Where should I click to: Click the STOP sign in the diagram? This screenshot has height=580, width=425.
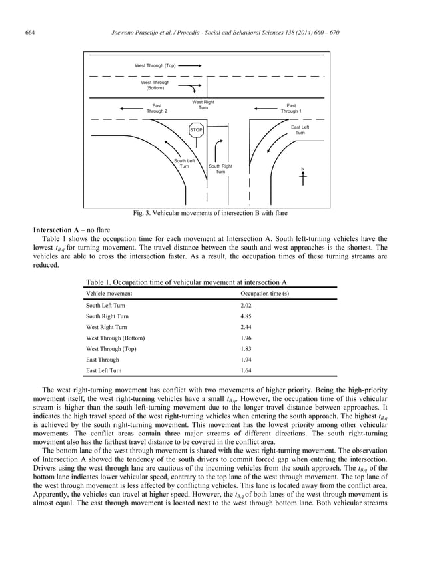pyautogui.click(x=196, y=130)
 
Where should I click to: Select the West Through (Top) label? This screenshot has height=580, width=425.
pyautogui.click(x=155, y=66)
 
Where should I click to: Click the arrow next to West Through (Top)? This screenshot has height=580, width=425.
pyautogui.click(x=190, y=66)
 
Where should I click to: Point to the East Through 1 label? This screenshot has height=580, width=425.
pyautogui.click(x=291, y=108)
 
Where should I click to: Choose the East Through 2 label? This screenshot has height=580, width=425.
pyautogui.click(x=157, y=108)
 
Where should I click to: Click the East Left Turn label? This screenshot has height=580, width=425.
pyautogui.click(x=300, y=130)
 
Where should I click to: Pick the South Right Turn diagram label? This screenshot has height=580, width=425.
pyautogui.click(x=220, y=169)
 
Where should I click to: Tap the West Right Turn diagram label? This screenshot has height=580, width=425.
pyautogui.click(x=203, y=105)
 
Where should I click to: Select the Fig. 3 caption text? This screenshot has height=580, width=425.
pyautogui.click(x=211, y=213)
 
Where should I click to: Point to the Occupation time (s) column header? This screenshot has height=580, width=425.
pyautogui.click(x=264, y=293)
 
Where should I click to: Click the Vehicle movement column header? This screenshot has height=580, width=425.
pyautogui.click(x=109, y=293)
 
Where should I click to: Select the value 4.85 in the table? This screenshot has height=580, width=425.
pyautogui.click(x=246, y=316)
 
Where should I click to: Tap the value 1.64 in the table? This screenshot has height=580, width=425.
pyautogui.click(x=246, y=370)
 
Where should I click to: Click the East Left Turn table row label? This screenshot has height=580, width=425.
pyautogui.click(x=104, y=370)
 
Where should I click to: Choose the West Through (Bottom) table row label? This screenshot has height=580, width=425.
pyautogui.click(x=115, y=338)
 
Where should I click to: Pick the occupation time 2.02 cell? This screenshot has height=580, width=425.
pyautogui.click(x=246, y=305)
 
